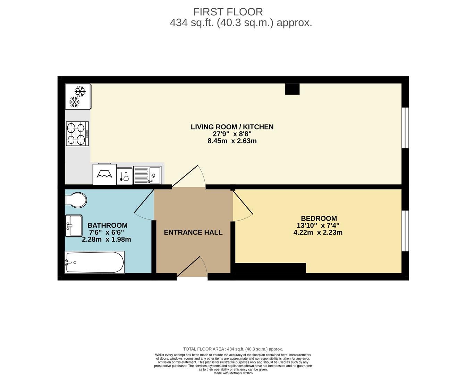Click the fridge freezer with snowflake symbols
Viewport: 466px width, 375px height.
click(78, 97)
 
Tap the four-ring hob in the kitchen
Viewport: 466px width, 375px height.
click(77, 134)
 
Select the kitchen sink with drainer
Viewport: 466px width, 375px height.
click(147, 175)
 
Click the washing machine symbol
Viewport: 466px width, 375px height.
click(105, 174)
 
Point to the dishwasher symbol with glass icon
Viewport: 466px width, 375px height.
click(125, 176)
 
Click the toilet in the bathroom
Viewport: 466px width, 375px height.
click(76, 200)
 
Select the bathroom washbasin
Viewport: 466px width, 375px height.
click(74, 226)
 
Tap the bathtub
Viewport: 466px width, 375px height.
click(95, 262)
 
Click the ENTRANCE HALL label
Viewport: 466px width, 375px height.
click(193, 232)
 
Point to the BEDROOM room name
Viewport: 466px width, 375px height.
click(319, 218)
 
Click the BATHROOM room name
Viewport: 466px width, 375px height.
click(108, 225)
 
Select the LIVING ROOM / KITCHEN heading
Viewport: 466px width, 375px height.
click(232, 127)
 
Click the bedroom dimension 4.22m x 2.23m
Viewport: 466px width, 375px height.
click(318, 233)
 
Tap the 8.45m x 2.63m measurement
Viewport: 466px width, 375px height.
click(232, 141)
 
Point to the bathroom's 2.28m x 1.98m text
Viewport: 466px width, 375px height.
click(107, 240)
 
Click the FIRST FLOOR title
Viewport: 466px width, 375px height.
click(228, 12)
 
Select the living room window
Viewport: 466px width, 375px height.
click(405, 128)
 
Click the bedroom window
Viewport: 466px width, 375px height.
click(405, 231)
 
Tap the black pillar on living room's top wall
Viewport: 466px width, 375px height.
click(292, 89)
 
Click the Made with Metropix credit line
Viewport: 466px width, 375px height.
click(233, 373)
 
